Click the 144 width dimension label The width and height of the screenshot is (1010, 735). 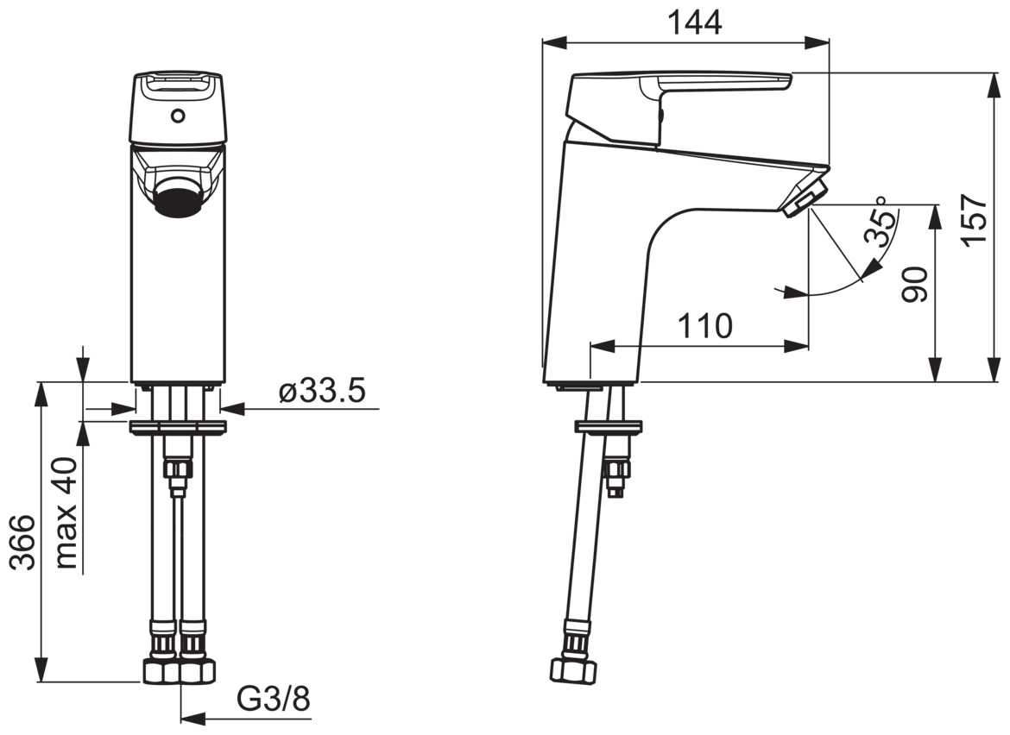[x=694, y=22]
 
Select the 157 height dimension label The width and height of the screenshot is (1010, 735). [x=975, y=220]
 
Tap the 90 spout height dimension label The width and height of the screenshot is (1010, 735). [x=914, y=284]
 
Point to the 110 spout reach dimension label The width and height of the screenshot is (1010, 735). [x=705, y=326]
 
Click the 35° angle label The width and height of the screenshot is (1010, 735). [x=881, y=221]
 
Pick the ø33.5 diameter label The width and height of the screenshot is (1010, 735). [x=322, y=391]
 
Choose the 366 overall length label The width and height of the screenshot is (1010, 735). [x=24, y=542]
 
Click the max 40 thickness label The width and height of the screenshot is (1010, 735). [x=66, y=513]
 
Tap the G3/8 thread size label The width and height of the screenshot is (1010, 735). [x=275, y=698]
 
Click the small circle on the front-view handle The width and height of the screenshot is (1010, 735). [x=177, y=116]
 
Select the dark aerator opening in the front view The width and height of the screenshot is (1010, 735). [x=179, y=197]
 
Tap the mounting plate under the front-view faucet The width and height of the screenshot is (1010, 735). [x=177, y=427]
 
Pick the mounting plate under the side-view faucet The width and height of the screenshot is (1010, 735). [x=609, y=427]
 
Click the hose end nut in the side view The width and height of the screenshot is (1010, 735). [x=572, y=670]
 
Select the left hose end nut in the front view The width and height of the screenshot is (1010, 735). [x=160, y=672]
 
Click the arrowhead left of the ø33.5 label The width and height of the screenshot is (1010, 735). [x=123, y=409]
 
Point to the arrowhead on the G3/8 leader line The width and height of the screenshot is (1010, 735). [x=192, y=716]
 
